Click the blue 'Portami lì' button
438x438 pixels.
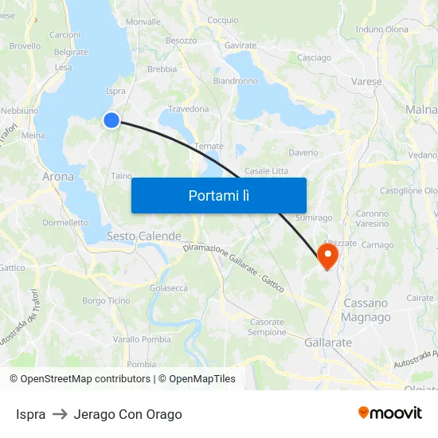click(x=218, y=195)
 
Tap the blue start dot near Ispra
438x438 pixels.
click(x=111, y=119)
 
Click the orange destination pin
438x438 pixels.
click(x=327, y=255)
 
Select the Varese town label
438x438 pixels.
click(x=366, y=81)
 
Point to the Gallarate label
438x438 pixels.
click(x=328, y=342)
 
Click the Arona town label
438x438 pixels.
click(x=58, y=177)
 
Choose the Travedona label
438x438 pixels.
click(x=188, y=109)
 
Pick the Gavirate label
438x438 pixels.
click(x=241, y=45)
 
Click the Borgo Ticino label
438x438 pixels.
click(x=106, y=300)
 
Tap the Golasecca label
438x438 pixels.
click(x=169, y=287)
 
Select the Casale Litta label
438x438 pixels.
click(x=267, y=171)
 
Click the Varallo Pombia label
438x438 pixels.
click(x=142, y=339)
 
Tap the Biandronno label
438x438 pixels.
click(x=235, y=80)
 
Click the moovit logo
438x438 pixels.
click(x=390, y=413)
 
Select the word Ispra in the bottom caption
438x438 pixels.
click(x=30, y=414)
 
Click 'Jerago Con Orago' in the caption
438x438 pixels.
click(x=127, y=414)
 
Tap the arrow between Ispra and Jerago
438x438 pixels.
click(x=60, y=414)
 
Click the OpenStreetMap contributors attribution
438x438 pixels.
click(x=80, y=379)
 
